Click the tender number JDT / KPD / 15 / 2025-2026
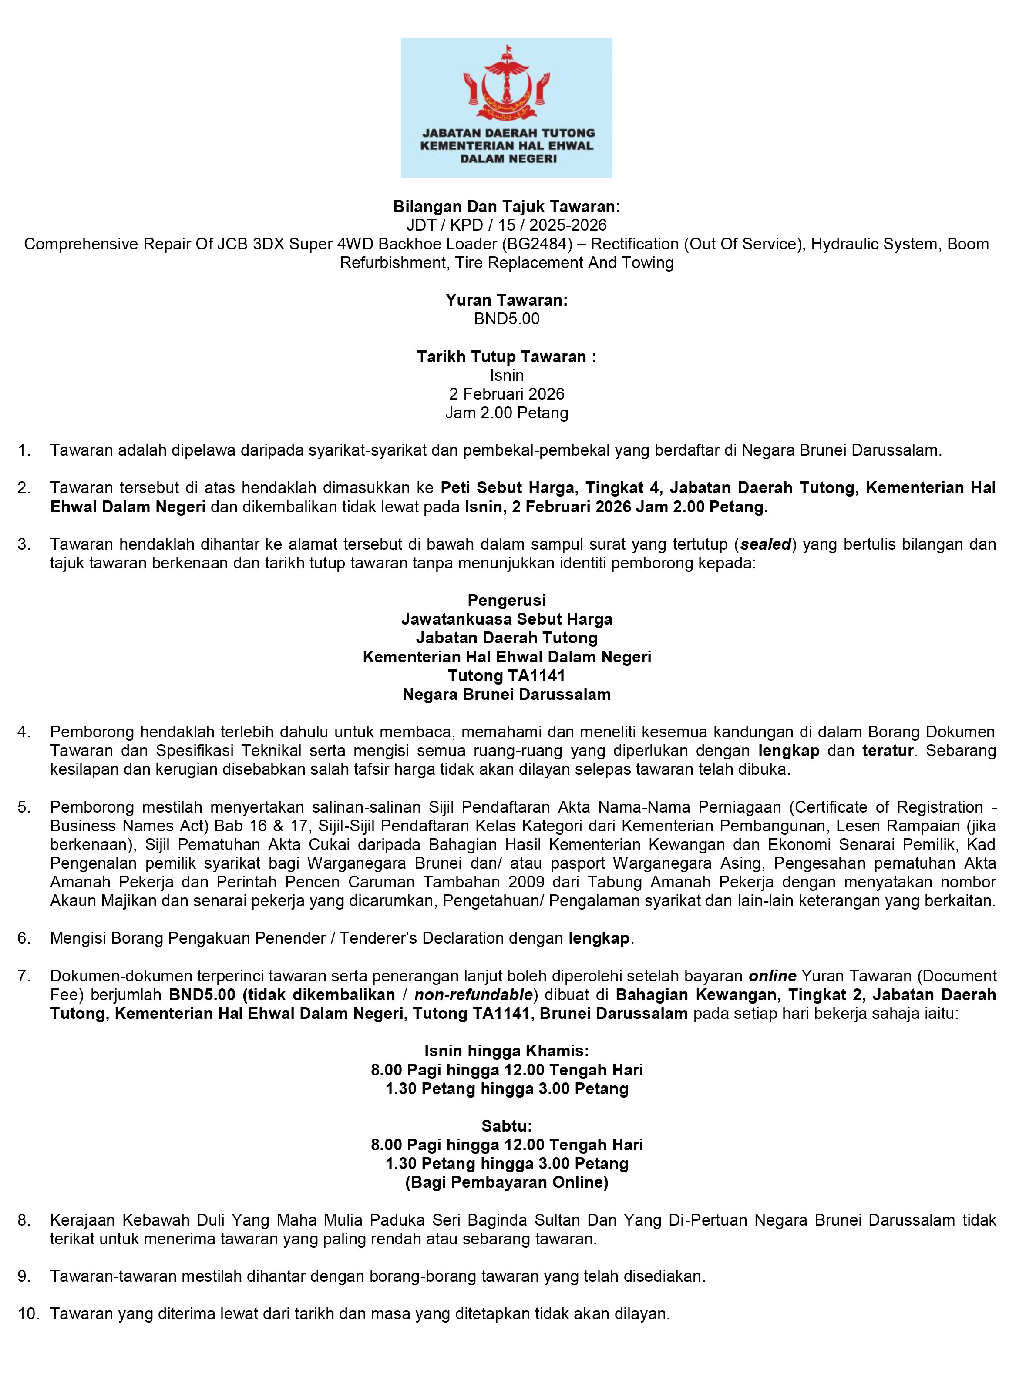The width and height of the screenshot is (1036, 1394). point(506,225)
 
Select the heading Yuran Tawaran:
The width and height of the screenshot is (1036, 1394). point(506,300)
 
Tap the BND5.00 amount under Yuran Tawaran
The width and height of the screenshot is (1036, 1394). point(506,319)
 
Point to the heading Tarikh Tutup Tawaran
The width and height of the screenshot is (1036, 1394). point(506,357)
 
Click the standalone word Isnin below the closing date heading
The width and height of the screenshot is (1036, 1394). point(506,376)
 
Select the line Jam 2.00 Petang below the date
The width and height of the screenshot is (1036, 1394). point(506,413)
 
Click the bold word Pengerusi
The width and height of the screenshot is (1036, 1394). point(506,601)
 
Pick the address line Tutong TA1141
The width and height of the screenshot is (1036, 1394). point(506,676)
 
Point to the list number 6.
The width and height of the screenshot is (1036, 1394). point(24,939)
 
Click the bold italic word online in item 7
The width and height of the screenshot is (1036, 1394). point(773,976)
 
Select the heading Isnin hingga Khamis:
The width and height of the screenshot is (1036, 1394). point(506,1051)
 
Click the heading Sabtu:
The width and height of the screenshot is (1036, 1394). point(506,1126)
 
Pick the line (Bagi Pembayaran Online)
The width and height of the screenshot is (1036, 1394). point(506,1182)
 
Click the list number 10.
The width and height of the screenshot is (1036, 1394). point(27,1314)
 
